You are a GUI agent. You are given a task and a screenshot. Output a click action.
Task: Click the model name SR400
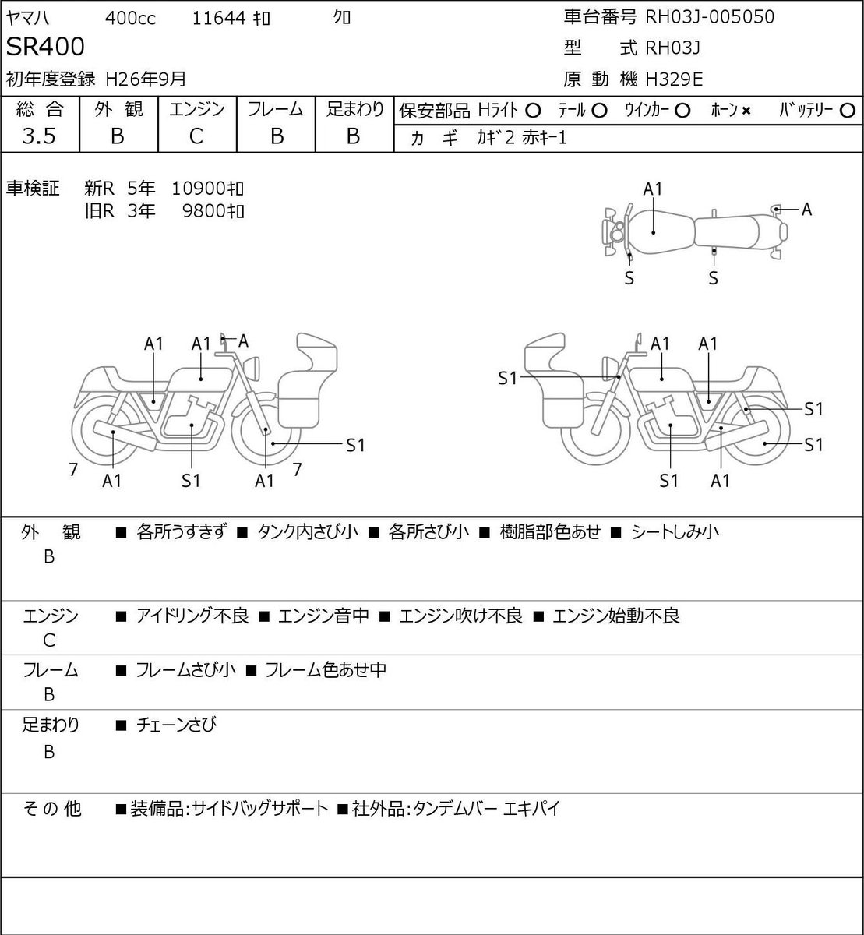(x=45, y=47)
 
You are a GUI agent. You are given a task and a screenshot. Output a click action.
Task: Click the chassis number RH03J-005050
(x=710, y=17)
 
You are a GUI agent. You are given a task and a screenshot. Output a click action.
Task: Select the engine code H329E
(x=674, y=79)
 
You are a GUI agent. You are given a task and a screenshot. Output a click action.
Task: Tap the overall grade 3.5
(x=39, y=136)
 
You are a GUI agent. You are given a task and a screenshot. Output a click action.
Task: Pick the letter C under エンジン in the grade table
(x=196, y=136)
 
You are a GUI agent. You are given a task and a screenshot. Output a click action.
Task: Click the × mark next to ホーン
(x=746, y=111)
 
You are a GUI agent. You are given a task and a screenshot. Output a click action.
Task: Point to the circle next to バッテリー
(x=847, y=111)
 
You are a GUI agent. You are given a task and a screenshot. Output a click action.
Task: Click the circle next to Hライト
(x=533, y=111)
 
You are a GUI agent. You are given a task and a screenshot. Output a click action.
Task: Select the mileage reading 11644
(x=219, y=19)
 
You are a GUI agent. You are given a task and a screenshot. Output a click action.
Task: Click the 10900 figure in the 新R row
(x=199, y=189)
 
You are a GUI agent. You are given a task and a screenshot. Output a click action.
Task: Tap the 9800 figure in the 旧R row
(x=204, y=211)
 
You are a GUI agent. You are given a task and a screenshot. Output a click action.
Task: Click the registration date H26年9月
(x=146, y=79)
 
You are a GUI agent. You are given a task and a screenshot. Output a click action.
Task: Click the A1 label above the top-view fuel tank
(x=653, y=189)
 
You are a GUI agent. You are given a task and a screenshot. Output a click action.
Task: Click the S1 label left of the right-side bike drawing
(x=507, y=378)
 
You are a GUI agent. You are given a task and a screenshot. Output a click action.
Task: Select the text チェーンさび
(x=177, y=725)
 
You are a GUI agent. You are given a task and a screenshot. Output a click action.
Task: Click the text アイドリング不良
(x=192, y=616)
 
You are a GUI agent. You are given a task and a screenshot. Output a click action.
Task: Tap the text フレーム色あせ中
(x=326, y=669)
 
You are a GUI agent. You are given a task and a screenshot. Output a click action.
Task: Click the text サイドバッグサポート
(x=260, y=808)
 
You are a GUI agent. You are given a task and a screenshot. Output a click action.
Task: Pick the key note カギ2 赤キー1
(x=522, y=139)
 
